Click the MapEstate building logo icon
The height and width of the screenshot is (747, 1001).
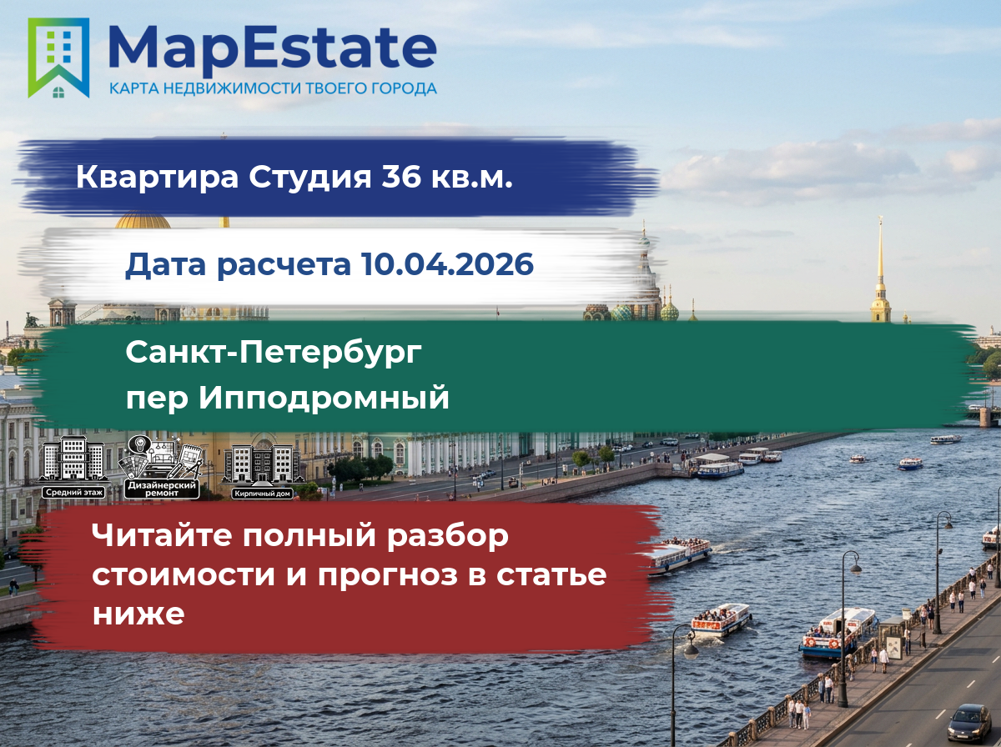coord(58,58)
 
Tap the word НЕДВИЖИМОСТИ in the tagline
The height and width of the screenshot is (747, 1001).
coord(233,88)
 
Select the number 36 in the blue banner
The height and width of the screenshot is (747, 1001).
coord(401,177)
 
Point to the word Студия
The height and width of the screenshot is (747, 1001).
coord(310,178)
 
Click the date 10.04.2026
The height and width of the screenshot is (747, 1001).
coord(447,264)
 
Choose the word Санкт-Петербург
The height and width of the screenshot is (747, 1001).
coord(274,353)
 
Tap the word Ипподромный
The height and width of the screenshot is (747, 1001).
coord(324,399)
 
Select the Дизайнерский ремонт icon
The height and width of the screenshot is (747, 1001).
coord(162,467)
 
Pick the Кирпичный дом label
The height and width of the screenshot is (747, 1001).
coord(262,494)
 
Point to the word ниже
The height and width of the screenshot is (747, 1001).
coord(138,614)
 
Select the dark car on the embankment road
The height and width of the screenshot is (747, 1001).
coord(969,723)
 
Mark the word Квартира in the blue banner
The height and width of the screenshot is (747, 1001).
coord(158,178)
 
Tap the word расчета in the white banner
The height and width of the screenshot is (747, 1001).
coord(284,265)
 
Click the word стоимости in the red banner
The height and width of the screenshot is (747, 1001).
coord(184,575)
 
